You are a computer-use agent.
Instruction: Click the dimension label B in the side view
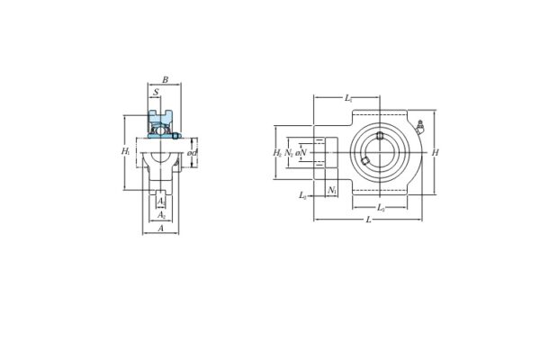165,80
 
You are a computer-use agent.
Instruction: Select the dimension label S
156,92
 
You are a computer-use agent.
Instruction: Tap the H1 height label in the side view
125,152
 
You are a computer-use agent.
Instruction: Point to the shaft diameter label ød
192,153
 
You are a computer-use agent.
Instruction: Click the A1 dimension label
160,202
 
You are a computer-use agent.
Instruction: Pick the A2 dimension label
160,215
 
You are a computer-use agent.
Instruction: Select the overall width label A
161,229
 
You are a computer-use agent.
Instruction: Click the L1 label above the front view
347,96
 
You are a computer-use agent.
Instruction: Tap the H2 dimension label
277,153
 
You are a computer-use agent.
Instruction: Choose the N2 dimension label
289,153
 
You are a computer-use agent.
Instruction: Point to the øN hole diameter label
301,153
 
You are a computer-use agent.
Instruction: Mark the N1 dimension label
331,190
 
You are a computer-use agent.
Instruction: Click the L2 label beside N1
303,195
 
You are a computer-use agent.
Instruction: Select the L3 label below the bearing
381,208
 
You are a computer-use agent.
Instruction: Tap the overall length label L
368,220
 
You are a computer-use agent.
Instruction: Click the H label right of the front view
436,153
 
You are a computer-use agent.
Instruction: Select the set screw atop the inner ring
380,136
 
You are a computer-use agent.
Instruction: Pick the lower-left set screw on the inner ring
364,161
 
